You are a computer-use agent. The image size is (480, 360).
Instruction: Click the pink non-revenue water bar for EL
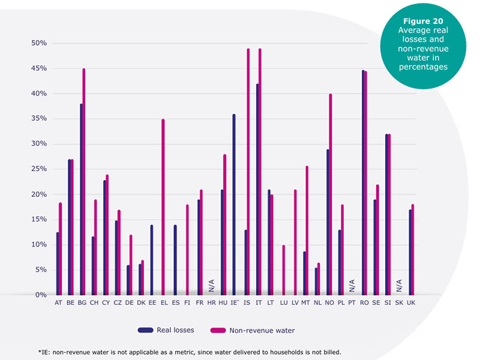click(163, 207)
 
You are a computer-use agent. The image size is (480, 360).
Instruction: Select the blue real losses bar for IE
click(234, 205)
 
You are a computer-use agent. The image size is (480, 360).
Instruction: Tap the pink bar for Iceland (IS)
click(248, 172)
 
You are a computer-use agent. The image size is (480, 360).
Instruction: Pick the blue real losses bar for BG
click(82, 199)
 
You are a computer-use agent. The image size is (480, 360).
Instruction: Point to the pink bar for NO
click(331, 194)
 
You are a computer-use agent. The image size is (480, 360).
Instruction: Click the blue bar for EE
click(152, 260)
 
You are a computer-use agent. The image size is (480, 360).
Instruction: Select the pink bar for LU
click(284, 270)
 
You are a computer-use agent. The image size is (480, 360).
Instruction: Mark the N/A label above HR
click(212, 286)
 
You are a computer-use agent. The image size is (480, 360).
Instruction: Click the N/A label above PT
click(352, 286)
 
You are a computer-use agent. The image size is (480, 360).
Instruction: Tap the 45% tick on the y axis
click(39, 68)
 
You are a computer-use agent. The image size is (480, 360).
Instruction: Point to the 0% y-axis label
click(41, 295)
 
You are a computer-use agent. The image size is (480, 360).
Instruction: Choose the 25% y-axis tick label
click(39, 169)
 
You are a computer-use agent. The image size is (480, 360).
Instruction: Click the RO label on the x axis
click(364, 303)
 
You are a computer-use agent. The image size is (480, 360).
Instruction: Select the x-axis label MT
click(305, 303)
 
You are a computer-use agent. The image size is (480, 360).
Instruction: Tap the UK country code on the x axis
click(411, 303)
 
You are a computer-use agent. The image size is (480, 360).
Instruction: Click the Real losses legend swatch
click(145, 331)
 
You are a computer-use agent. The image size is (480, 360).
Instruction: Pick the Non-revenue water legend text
click(262, 331)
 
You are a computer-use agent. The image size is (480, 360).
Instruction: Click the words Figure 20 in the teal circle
click(423, 21)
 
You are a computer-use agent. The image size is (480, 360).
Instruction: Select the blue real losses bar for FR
click(199, 247)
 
